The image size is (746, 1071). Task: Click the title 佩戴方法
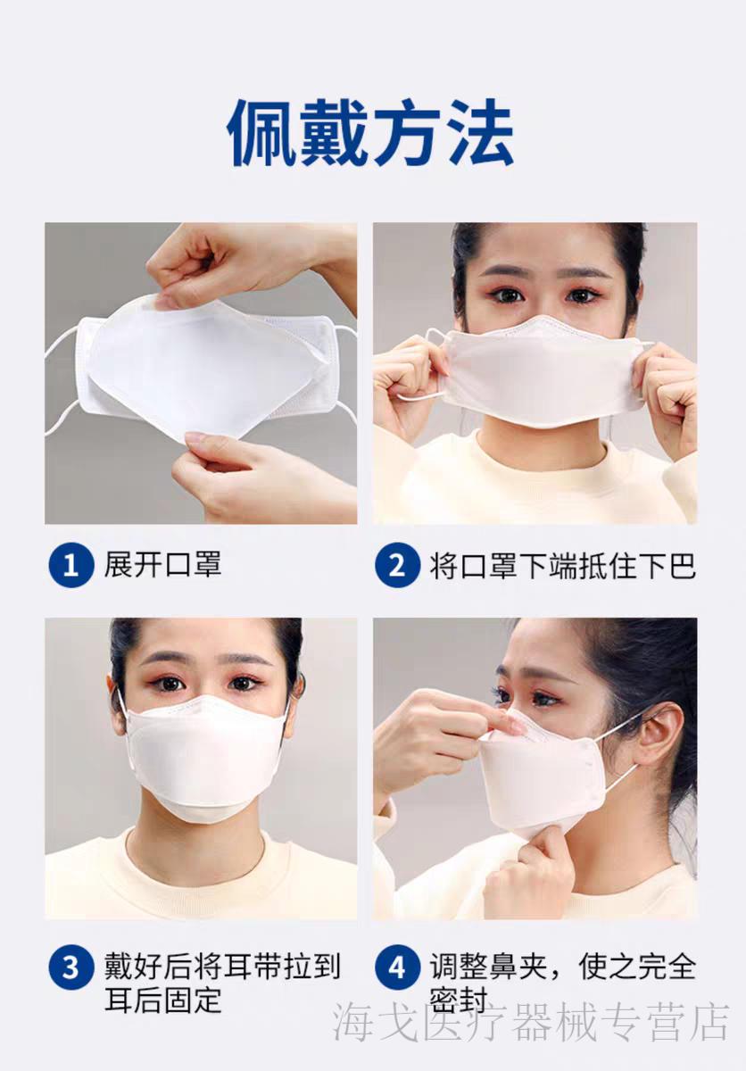tap(371, 133)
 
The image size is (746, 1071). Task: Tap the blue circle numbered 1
tap(70, 565)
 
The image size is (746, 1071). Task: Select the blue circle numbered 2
tap(397, 565)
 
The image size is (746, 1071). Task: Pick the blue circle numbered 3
tap(70, 967)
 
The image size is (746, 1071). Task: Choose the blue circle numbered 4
tap(397, 967)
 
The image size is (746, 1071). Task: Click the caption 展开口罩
tap(163, 565)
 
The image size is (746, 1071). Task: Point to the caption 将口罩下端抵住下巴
tap(562, 565)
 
